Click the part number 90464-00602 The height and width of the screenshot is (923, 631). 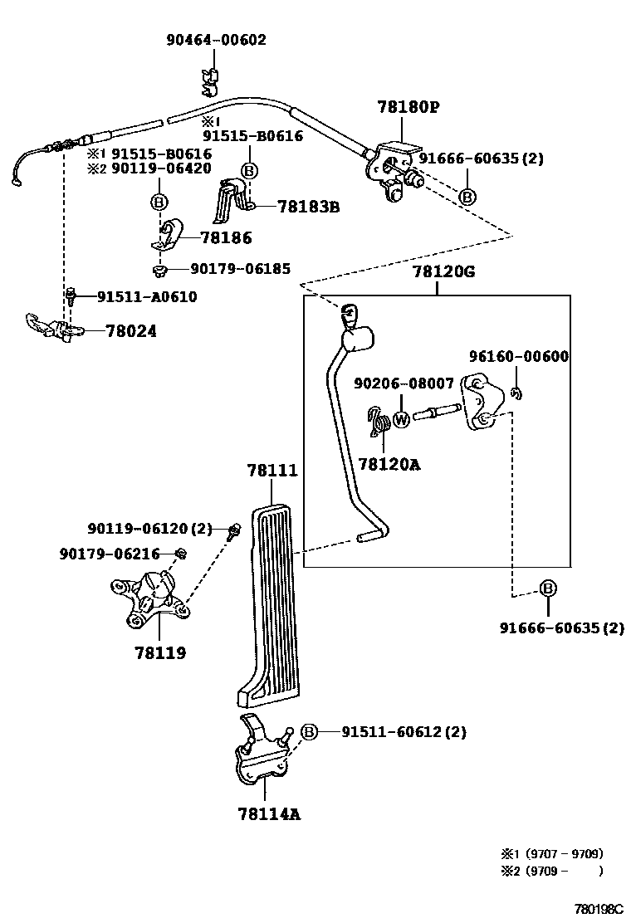click(x=215, y=40)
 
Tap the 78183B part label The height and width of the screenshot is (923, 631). click(x=308, y=207)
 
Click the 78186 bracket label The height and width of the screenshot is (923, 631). click(x=224, y=238)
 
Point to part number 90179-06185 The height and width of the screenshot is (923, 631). click(x=241, y=269)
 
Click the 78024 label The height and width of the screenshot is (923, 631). click(x=131, y=330)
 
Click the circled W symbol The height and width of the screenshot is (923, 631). click(x=401, y=419)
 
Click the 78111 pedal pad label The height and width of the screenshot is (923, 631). click(x=271, y=471)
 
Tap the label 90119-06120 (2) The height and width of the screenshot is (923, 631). click(x=149, y=528)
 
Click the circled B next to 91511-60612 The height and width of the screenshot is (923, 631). click(x=308, y=731)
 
